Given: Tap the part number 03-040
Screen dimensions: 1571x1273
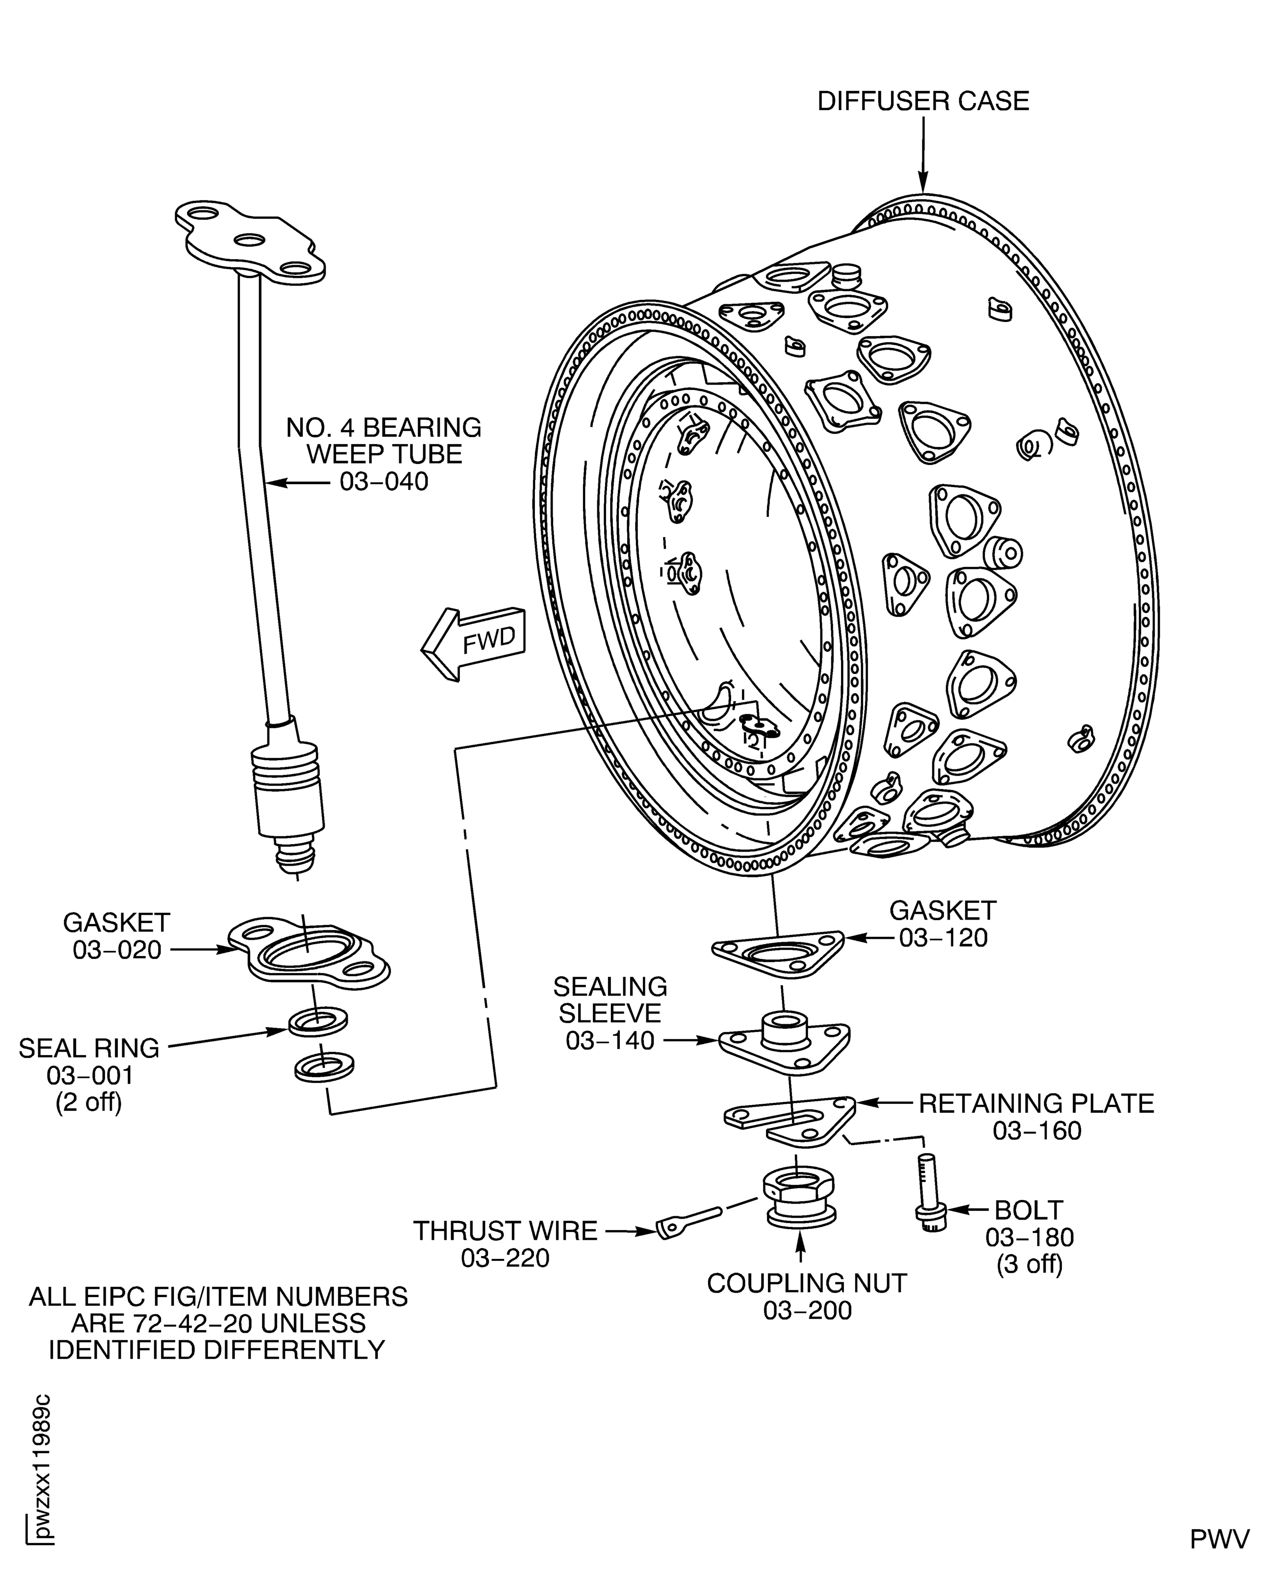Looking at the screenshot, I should point(384,482).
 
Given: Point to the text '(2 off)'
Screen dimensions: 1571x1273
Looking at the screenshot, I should point(88,1103).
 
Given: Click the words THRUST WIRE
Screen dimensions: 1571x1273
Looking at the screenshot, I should point(505,1231).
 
